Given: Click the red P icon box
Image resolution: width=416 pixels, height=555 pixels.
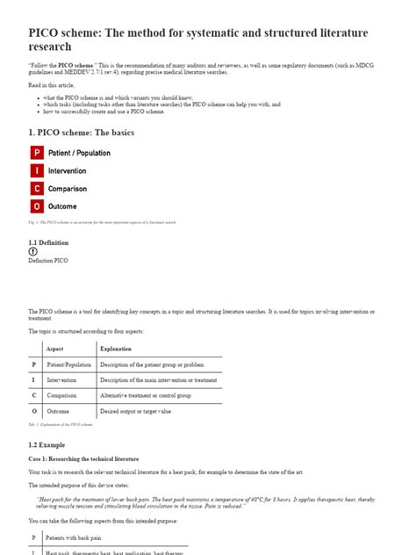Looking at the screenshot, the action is coord(37,153).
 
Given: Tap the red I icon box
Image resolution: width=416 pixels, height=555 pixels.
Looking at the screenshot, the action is coord(37,170).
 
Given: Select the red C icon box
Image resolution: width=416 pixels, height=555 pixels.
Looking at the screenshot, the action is coord(37,188).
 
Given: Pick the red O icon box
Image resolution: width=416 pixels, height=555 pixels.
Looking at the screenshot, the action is coord(37,206).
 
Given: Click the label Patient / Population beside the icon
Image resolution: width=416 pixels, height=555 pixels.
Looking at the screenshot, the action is coord(79,153).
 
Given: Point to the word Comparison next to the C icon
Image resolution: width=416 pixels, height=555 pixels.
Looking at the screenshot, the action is coord(68,188).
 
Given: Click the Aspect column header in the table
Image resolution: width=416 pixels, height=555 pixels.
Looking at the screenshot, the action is coord(54,349).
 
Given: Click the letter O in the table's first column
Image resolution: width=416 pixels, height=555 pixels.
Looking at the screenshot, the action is coord(34,410).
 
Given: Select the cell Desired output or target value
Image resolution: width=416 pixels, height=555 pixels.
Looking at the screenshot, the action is coord(135,410).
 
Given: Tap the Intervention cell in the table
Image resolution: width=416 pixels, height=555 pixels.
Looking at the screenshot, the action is coord(63,380).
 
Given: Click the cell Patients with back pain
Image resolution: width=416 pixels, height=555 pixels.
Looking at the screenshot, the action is coord(74,536).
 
